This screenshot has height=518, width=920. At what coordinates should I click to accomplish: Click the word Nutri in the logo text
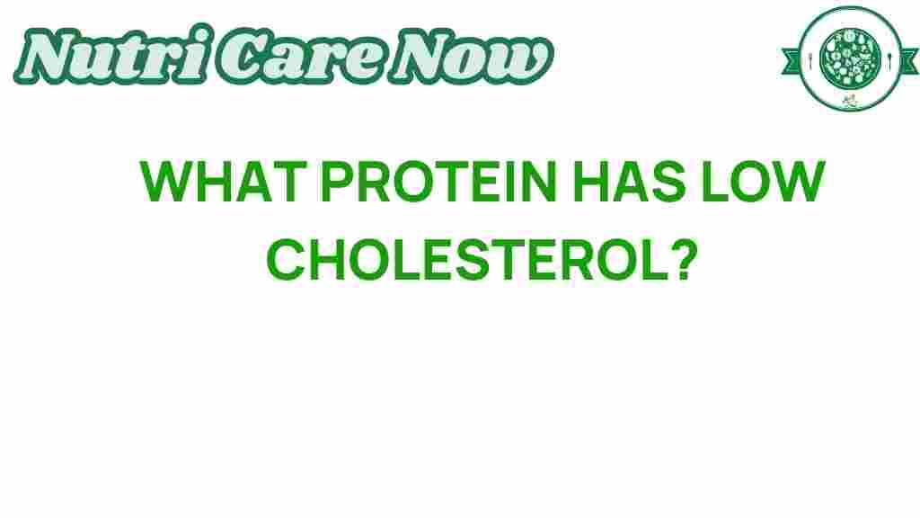pos(111,55)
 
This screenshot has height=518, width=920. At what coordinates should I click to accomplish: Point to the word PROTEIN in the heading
pos(438,182)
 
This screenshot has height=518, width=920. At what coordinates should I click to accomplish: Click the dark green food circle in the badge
pos(850,58)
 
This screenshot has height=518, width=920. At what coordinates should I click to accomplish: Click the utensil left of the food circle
pos(811,58)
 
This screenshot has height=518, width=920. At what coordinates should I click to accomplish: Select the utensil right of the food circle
pos(889,58)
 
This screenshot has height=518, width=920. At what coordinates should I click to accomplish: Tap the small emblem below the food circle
pos(850,101)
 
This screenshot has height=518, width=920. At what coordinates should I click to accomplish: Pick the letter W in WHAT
pos(166,182)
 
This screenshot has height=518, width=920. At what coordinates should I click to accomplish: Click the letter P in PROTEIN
pos(336,182)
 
